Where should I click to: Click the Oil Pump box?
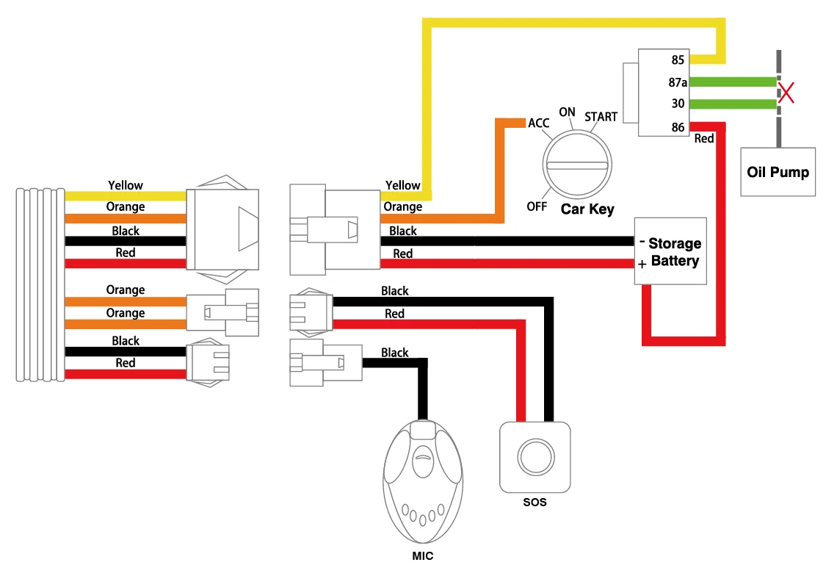coord(778,171)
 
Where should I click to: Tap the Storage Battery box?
coord(670,251)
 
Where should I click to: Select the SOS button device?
coord(535,457)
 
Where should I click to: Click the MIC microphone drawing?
coord(423,481)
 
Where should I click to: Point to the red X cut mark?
coord(786,93)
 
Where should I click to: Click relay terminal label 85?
coord(678,60)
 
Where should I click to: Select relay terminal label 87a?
coord(678,82)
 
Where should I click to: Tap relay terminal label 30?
coord(678,104)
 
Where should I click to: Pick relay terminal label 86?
coord(678,127)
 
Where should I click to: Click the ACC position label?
coord(539,123)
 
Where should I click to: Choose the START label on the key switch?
coord(601,117)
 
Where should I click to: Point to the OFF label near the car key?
coord(537,206)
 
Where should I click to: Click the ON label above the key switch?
coord(567,112)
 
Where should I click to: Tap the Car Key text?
coord(587,209)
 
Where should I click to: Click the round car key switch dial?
coord(577,165)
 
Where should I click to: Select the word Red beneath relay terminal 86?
coord(704,139)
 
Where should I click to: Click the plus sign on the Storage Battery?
coord(642,264)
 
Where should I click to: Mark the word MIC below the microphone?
coord(423,556)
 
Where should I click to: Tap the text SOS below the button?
coord(535,503)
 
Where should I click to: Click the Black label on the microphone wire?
coord(394,353)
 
